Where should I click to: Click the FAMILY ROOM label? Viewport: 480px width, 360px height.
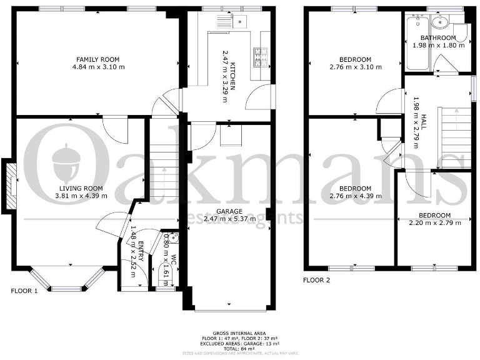[98, 59]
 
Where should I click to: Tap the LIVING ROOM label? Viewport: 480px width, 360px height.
[84, 188]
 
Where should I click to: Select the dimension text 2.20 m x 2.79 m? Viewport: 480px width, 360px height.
[434, 222]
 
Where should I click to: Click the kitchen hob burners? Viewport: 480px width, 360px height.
[259, 56]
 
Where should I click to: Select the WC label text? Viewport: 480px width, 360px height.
[174, 261]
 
